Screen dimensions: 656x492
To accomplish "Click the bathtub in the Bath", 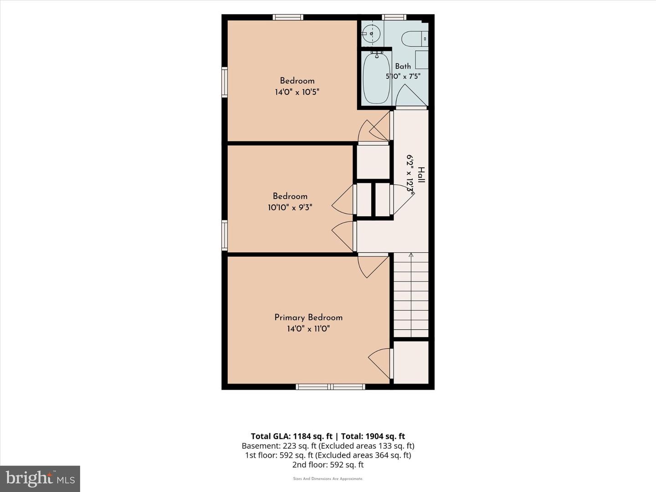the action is [376, 77].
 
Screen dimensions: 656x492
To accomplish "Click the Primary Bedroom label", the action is [308, 318].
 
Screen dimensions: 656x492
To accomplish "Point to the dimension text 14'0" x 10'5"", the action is [297, 92].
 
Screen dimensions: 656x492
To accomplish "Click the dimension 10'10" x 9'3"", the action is [290, 207].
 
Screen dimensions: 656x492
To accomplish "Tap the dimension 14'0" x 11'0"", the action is [308, 329].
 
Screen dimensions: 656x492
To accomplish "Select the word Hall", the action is [421, 175].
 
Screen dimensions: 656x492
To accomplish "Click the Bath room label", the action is [403, 67].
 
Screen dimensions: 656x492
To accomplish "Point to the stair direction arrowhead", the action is [411, 255].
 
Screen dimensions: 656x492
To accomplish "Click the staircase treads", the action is [411, 295].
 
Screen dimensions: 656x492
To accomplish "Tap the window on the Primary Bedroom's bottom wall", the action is [330, 387].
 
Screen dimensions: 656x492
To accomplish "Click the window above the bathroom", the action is [394, 17].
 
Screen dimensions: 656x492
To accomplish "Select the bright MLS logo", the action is [40, 479].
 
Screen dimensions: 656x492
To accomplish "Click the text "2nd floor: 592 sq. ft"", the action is [328, 465].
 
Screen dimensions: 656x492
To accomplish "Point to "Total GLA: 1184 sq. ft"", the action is [292, 436].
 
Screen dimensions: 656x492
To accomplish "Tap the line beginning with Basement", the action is [328, 446].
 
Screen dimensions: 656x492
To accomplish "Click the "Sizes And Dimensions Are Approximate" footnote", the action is [328, 479].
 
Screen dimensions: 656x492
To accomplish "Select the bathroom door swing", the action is [411, 95].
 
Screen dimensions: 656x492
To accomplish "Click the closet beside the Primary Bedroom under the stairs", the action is [411, 362].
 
